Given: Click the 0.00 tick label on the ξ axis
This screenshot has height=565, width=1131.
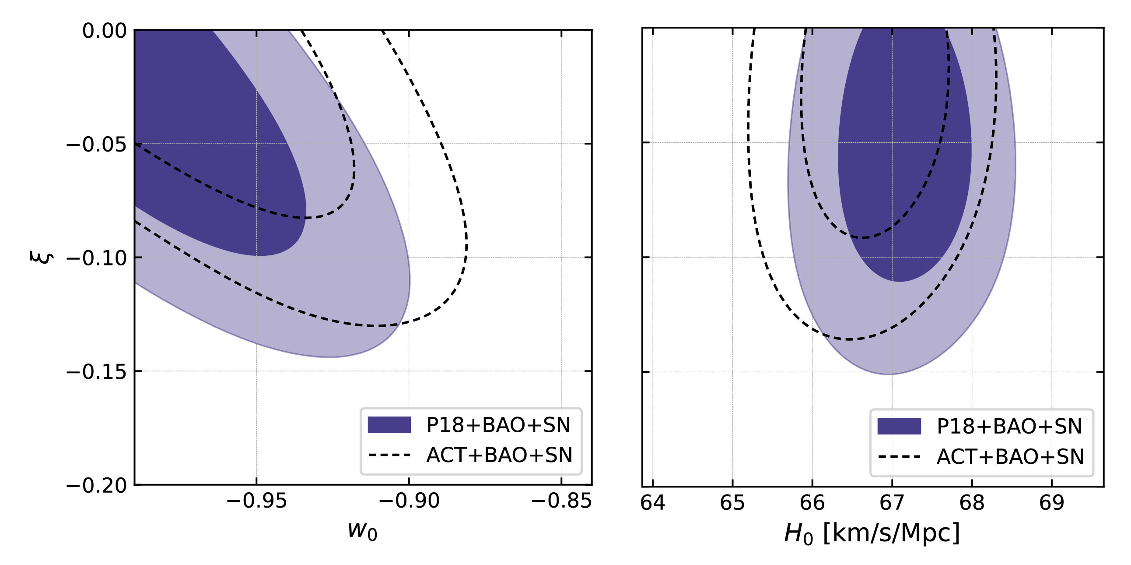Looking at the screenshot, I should [104, 31].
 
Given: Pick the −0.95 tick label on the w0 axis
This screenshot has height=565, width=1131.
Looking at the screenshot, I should [256, 501].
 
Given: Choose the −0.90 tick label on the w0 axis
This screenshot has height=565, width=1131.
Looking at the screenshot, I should [409, 501].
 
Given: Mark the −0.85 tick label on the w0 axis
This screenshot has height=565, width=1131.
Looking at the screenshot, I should [561, 501].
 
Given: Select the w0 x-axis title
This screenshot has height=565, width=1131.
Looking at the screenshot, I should [362, 530].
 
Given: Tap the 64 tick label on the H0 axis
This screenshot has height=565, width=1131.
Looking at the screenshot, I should [652, 503].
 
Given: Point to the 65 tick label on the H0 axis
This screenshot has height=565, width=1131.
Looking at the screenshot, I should [732, 503].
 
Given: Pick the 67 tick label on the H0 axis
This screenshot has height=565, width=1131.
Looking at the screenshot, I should [892, 503].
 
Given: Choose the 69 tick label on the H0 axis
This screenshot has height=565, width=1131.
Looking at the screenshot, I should [1051, 503].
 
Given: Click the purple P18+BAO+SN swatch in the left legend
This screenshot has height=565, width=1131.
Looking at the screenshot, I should [389, 425].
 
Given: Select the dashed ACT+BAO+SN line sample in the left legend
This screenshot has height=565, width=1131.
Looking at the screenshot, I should [389, 455].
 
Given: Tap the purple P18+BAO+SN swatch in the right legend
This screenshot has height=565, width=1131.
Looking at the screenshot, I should [899, 426].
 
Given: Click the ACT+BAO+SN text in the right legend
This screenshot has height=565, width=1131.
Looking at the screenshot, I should [1010, 457].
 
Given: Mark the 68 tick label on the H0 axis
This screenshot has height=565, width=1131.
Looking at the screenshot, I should [972, 503].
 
